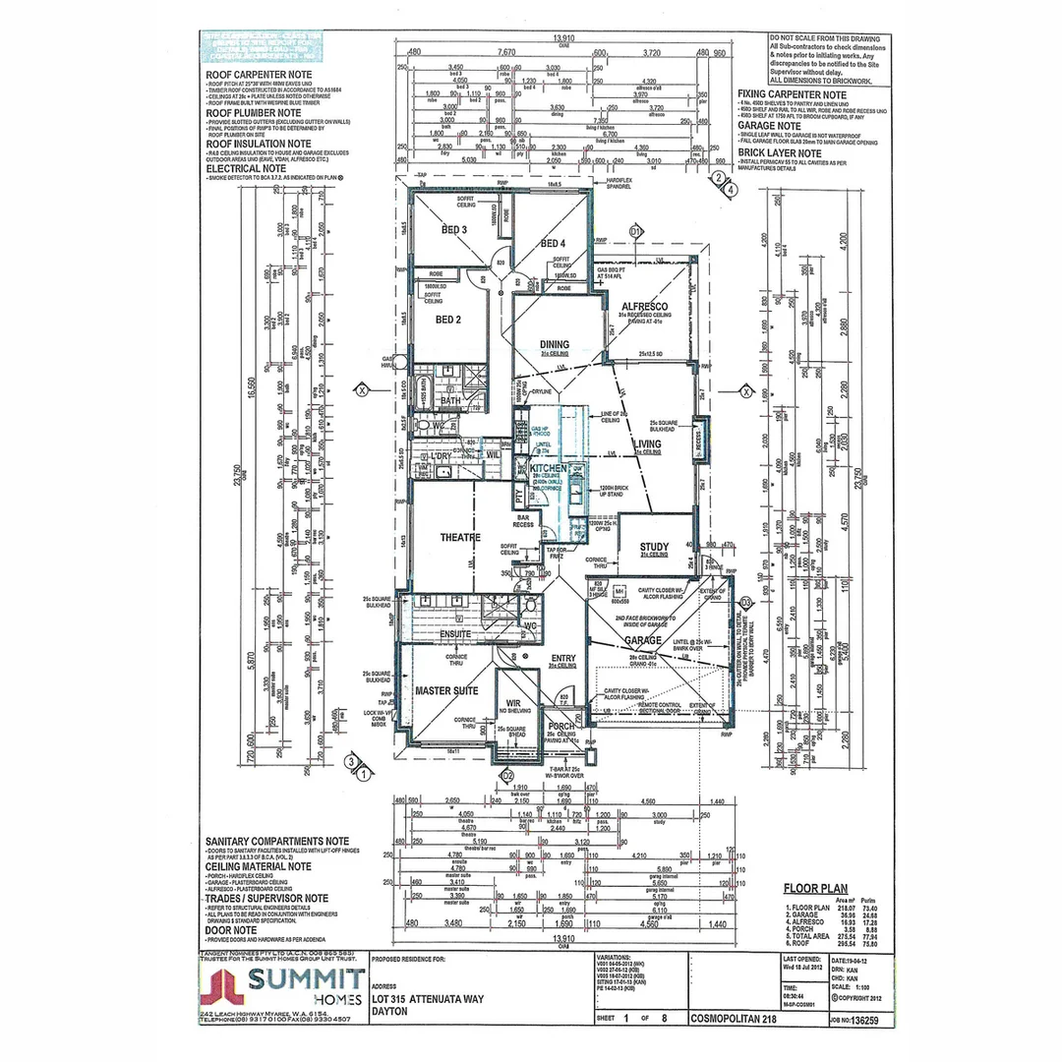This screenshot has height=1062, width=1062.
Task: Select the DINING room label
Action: click(554, 344)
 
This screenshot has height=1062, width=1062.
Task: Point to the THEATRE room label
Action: click(433, 537)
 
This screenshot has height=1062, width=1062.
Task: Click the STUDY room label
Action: click(654, 548)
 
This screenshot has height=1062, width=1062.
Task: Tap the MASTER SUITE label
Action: click(446, 691)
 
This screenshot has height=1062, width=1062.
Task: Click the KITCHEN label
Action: click(548, 469)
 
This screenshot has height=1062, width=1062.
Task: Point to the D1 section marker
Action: click(635, 231)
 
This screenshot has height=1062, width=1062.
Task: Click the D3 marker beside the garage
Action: click(745, 601)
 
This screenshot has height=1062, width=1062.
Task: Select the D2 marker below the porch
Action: click(508, 776)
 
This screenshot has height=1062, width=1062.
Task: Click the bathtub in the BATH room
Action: click(423, 384)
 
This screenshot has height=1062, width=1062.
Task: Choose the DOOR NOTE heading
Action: click(231, 928)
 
